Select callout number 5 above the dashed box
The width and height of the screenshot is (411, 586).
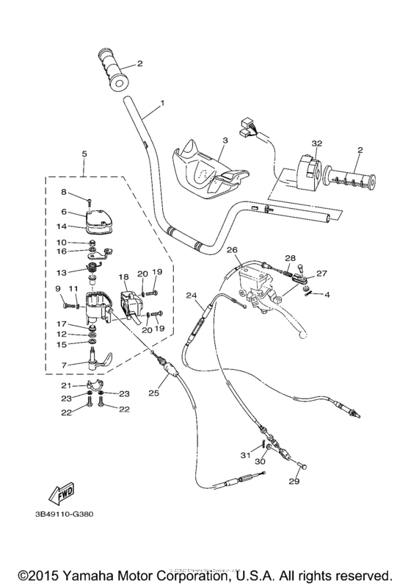pos(84,154)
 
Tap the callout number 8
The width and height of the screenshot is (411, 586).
pos(64,192)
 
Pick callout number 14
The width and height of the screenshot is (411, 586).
pos(63,226)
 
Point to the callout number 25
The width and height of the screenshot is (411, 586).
pos(173,393)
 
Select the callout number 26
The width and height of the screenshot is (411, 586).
pos(232,250)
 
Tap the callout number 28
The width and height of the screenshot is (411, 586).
pos(290,258)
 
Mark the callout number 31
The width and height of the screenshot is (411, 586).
pos(246,456)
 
